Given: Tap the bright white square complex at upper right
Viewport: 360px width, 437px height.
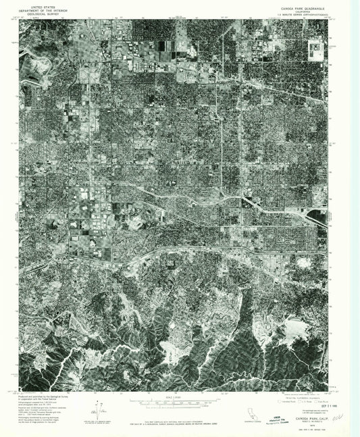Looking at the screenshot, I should tap(315, 46).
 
